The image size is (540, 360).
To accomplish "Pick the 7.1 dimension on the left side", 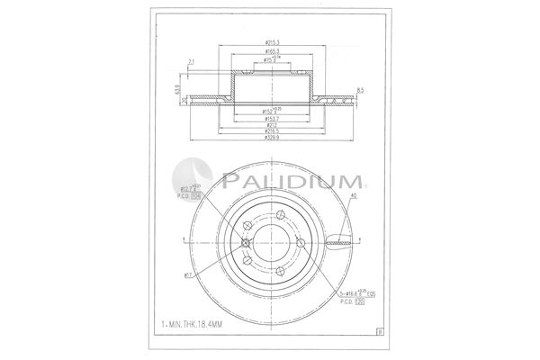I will pos(192,62).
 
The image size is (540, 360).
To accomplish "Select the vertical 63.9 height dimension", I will pos(178,90).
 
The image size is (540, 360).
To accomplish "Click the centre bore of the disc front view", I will pos(272,240).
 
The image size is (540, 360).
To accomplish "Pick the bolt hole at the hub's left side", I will pos(245,240).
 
